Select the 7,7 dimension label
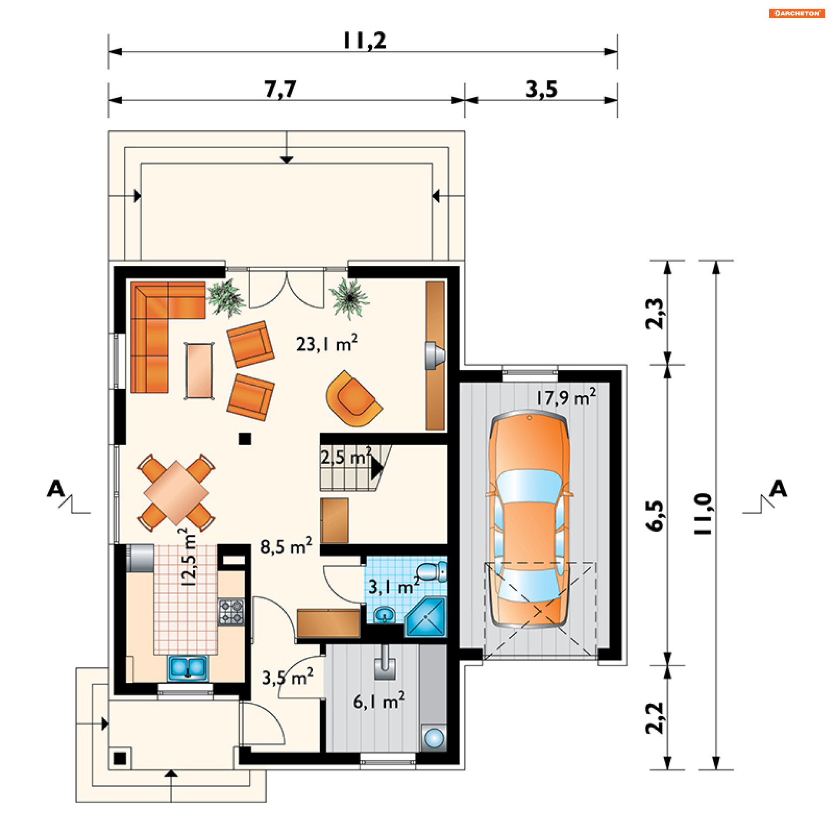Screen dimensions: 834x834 click(x=280, y=89)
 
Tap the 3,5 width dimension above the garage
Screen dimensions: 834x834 click(x=541, y=89)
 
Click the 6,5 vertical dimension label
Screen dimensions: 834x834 click(x=655, y=516)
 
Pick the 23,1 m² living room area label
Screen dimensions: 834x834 click(x=327, y=343)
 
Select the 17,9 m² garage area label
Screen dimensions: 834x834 click(x=566, y=397)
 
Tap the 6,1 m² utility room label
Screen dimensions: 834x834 click(x=379, y=701)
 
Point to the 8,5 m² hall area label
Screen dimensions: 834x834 click(x=286, y=546)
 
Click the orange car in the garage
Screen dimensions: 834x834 click(x=529, y=519)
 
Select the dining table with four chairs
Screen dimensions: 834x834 click(x=176, y=493)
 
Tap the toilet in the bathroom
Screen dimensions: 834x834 click(x=432, y=571)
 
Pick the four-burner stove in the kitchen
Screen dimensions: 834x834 click(x=231, y=612)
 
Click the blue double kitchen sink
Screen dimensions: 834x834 click(x=188, y=668)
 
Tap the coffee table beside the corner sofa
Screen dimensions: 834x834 click(x=199, y=371)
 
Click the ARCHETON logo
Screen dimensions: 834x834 click(x=797, y=13)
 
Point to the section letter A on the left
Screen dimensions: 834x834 click(x=56, y=489)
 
